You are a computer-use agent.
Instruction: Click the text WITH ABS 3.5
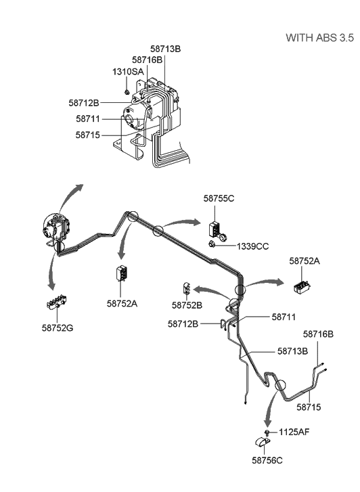coord(319,37)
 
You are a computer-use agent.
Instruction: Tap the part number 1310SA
coord(127,71)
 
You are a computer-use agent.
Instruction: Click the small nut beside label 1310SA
coord(127,90)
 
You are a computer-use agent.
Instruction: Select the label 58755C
coord(219,198)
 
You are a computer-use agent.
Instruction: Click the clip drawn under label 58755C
coord(217,227)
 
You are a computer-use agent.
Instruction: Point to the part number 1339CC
coord(252,246)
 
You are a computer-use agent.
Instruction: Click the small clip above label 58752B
coord(187,289)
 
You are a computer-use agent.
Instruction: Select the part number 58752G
coord(57,328)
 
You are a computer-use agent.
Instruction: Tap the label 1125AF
coord(295,431)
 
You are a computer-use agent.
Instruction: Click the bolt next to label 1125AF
coord(269,432)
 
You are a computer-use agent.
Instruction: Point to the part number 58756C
coord(268,460)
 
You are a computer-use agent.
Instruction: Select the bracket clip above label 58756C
coord(263,443)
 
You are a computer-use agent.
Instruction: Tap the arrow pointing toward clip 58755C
coord(181,223)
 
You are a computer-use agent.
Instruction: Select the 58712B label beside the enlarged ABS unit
coord(84,103)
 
